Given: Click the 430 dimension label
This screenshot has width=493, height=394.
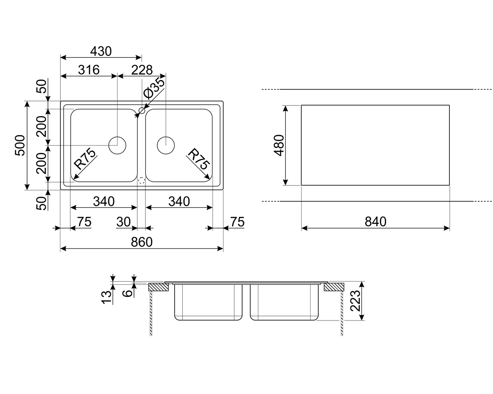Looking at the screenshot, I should [101, 51].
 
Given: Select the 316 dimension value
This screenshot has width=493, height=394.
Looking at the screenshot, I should [89, 70].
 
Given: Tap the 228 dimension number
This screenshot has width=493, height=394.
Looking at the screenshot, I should [142, 70].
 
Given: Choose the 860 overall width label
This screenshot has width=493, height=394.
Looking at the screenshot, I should [142, 242].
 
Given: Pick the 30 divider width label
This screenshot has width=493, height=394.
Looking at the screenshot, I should [123, 222].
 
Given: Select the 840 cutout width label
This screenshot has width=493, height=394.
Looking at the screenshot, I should [376, 222].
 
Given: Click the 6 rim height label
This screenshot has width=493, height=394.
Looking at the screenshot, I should [128, 293].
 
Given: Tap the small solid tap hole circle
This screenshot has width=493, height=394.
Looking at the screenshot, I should [142, 110].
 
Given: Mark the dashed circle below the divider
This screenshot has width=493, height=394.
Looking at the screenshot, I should [142, 180].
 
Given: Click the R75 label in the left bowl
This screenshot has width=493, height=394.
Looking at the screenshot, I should [85, 160].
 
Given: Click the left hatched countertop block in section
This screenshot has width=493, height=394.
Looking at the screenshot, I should [159, 287].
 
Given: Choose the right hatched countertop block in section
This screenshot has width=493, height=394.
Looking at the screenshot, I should [334, 287].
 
